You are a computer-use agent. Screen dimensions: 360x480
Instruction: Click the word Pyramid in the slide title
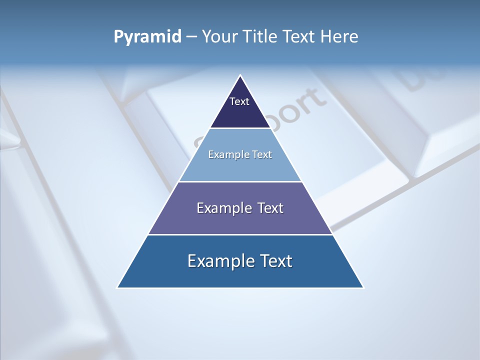[x=147, y=37]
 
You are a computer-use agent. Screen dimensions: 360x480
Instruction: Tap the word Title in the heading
[x=263, y=37]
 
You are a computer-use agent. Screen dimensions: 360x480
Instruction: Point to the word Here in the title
[x=339, y=37]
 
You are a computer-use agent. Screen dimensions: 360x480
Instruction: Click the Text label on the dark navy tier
[x=239, y=101]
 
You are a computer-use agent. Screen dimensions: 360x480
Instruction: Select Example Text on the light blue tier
[x=240, y=154]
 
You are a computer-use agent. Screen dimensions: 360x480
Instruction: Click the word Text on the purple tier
[x=270, y=208]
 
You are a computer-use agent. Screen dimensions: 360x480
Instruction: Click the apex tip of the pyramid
[x=240, y=76]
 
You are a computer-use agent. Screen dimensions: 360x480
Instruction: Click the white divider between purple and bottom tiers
[x=240, y=234]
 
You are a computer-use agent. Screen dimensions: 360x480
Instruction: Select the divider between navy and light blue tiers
[x=240, y=128]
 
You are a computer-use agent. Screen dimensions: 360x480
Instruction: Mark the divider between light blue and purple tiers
[x=240, y=181]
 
